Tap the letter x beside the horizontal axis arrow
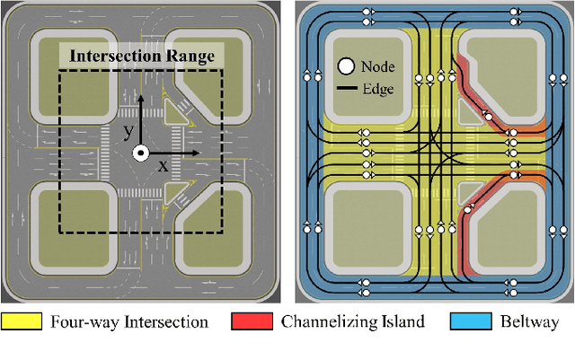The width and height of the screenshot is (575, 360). (163, 166)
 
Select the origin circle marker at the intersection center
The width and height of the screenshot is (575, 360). (139, 154)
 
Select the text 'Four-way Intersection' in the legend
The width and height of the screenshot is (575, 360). (125, 321)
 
